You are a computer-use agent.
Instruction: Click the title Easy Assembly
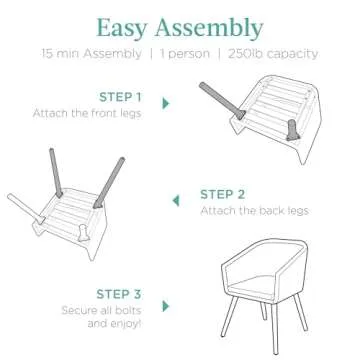click(x=181, y=26)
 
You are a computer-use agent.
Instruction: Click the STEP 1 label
click(x=120, y=97)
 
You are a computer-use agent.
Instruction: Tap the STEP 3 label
click(x=120, y=294)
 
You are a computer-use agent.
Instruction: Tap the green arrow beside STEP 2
click(x=176, y=201)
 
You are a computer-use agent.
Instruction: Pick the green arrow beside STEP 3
click(x=166, y=307)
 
